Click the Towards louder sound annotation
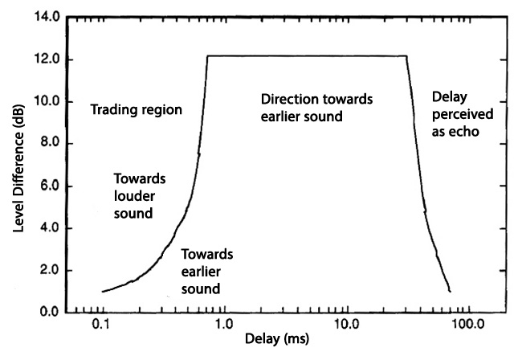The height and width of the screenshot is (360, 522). pyautogui.click(x=134, y=196)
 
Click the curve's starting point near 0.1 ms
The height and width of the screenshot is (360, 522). pyautogui.click(x=103, y=292)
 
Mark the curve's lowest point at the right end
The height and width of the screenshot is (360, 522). pyautogui.click(x=451, y=292)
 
